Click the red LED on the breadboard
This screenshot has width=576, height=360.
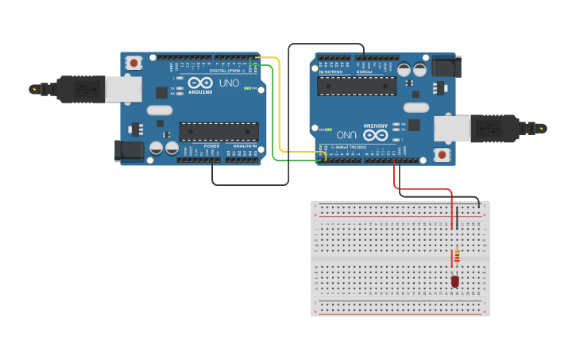455,281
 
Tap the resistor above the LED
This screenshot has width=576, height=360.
456,256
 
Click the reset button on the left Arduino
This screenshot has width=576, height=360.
134,62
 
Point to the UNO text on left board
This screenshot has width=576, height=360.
229,83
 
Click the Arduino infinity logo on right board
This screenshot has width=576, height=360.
376,135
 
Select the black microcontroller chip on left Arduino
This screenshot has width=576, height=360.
218,131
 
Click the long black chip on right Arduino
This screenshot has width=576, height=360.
357,86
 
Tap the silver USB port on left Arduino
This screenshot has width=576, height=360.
125,89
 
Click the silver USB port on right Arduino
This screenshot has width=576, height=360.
451,128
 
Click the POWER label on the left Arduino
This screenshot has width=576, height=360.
211,146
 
